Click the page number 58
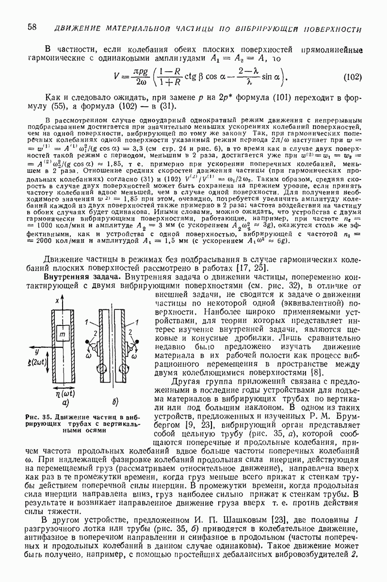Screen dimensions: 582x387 pos(33,27)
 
